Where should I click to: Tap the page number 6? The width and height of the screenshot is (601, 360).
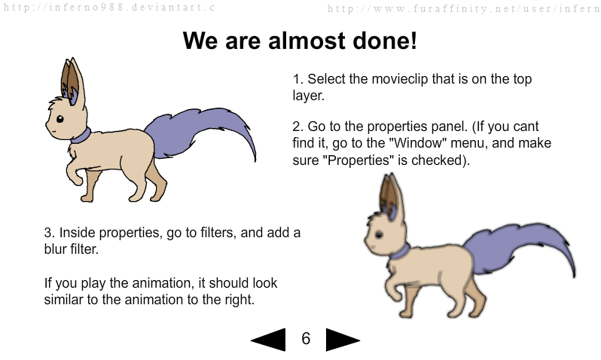[306, 338]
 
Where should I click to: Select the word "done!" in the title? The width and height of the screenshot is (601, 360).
[384, 40]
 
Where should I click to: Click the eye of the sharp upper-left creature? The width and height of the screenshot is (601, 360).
[59, 119]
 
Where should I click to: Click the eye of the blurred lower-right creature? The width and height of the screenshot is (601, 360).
[379, 234]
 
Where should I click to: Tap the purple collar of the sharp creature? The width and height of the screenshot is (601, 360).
[81, 136]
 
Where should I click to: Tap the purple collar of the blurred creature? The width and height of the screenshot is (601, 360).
[400, 252]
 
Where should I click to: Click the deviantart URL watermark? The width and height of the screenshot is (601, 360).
[109, 8]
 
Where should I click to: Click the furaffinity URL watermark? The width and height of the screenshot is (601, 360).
[463, 8]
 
